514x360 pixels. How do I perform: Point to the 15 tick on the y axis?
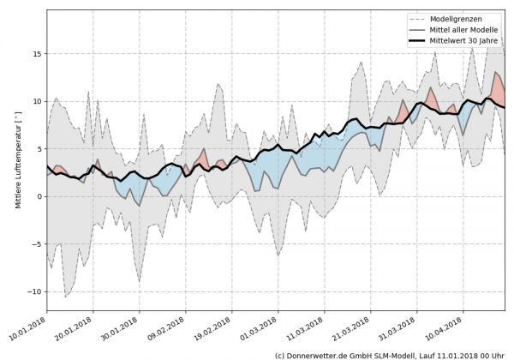(36, 54)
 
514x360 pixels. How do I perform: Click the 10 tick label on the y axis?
(36, 101)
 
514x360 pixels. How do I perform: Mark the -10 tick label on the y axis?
(33, 291)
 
